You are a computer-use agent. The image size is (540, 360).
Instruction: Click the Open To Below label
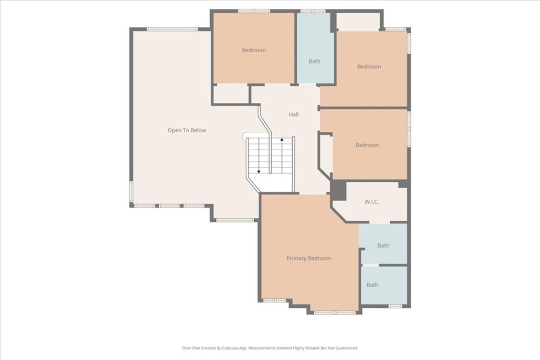pos(187,130)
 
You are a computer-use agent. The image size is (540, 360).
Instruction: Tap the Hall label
pos(294,114)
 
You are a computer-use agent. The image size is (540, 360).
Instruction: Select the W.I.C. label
pos(372,202)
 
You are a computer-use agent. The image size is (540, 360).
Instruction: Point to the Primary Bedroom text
pos(309,258)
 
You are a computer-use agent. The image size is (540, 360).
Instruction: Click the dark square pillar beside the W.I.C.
pos(339,190)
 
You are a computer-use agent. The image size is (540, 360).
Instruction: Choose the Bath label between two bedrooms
pos(314,62)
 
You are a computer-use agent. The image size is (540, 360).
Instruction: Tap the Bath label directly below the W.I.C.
pos(383,246)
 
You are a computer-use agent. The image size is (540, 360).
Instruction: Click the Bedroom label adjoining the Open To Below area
pos(254,50)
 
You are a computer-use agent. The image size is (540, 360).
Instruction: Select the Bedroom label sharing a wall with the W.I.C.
pos(368,145)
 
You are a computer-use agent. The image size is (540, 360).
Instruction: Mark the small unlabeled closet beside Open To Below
pos(231,94)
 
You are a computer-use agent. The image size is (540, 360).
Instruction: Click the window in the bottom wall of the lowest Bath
pos(395,306)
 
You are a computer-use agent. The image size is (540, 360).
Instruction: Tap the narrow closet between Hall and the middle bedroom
pos(326,154)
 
